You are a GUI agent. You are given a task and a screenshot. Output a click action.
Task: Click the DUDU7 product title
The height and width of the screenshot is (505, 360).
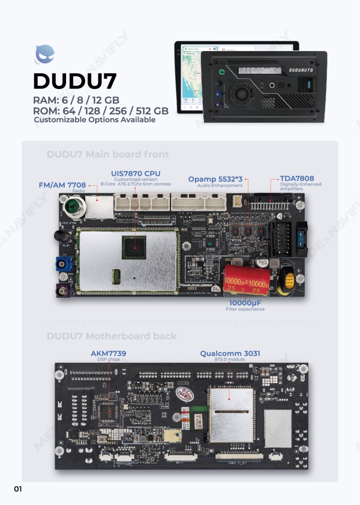click(x=74, y=81)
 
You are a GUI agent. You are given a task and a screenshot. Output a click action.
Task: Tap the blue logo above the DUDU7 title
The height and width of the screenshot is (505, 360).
click(x=45, y=55)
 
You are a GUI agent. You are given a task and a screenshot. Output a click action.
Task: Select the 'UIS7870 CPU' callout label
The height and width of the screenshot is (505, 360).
click(x=136, y=174)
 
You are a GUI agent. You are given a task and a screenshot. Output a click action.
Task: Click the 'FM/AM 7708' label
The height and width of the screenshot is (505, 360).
click(x=62, y=185)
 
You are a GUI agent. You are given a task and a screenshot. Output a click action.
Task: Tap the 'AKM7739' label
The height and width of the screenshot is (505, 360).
click(x=108, y=353)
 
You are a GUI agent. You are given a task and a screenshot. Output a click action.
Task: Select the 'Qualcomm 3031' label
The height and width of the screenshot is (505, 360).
click(x=230, y=354)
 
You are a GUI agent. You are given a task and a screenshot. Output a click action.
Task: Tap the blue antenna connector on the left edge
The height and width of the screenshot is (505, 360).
click(x=61, y=265)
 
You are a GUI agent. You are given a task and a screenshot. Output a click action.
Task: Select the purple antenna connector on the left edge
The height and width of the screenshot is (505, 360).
click(x=62, y=292)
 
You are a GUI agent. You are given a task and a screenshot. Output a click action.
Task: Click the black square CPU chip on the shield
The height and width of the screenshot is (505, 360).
click(x=134, y=247)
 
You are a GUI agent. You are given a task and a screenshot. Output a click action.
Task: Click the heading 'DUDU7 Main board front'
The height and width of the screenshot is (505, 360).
click(x=107, y=154)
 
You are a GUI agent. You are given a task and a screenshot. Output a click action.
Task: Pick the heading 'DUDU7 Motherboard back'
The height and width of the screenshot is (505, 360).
click(x=112, y=336)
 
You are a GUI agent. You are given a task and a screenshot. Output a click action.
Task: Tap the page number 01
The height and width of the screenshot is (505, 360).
click(x=17, y=489)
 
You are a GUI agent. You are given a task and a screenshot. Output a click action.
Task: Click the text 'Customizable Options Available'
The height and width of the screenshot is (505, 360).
click(x=94, y=119)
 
